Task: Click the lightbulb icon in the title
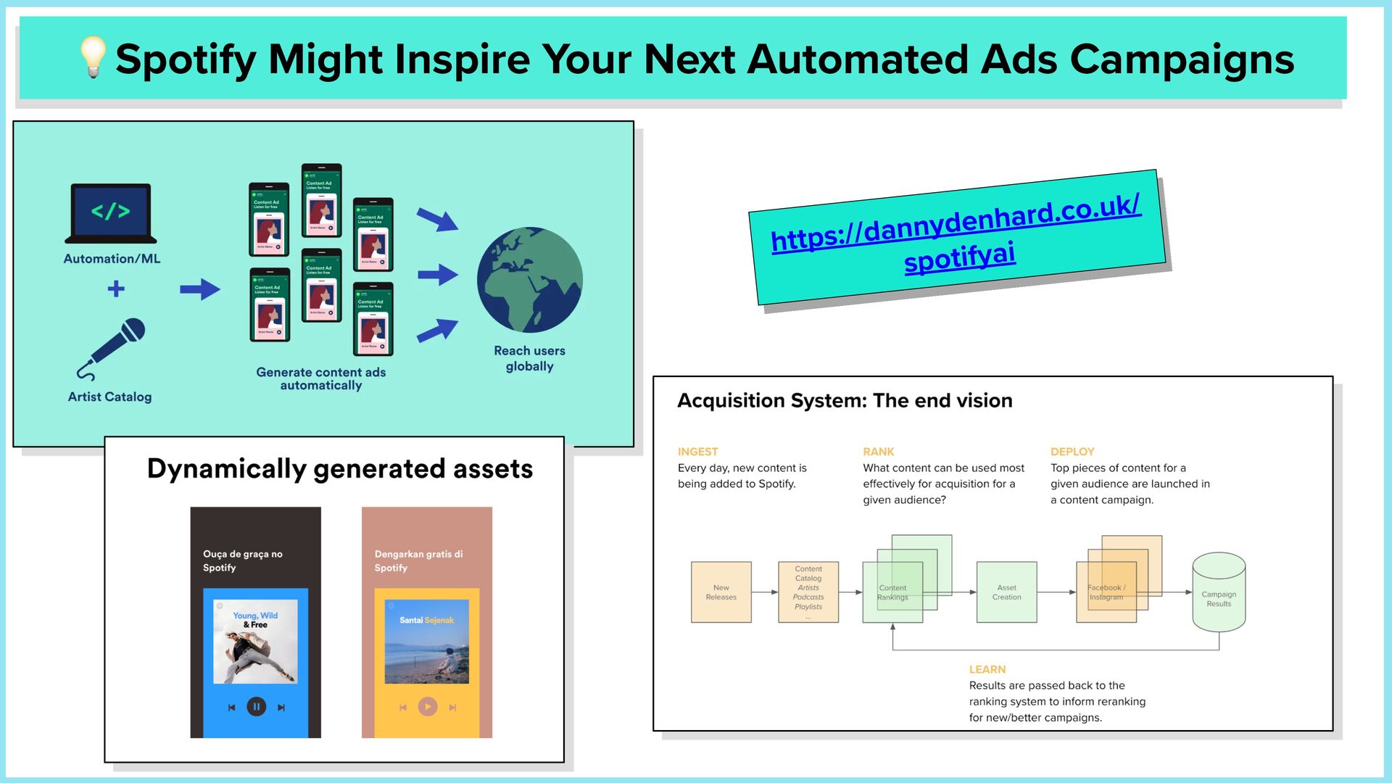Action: [x=93, y=57]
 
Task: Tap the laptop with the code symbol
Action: [x=111, y=212]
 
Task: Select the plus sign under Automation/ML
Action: [x=116, y=289]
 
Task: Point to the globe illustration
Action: [x=529, y=280]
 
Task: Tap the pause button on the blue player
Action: [x=256, y=707]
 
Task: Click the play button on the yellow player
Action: [x=428, y=707]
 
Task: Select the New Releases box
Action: [x=721, y=592]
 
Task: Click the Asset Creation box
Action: [x=1006, y=592]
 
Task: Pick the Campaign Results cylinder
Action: [x=1219, y=592]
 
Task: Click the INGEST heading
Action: [x=697, y=452]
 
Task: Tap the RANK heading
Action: [x=878, y=452]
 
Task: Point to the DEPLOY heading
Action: [x=1072, y=452]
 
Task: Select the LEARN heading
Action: [x=987, y=669]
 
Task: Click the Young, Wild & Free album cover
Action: [x=255, y=642]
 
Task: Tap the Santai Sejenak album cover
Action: [x=426, y=642]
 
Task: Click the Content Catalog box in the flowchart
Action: [x=808, y=592]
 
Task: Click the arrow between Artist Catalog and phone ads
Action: [x=200, y=289]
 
